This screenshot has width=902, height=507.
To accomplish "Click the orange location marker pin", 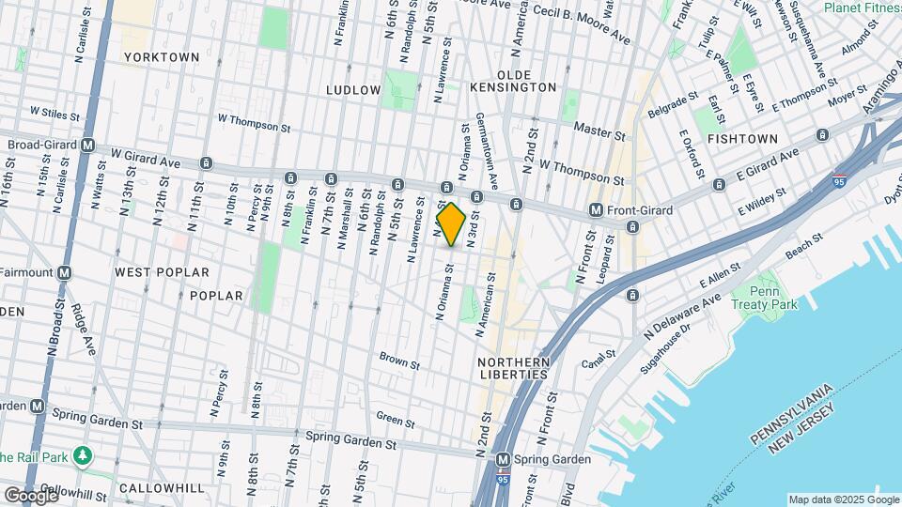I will pyautogui.click(x=451, y=224).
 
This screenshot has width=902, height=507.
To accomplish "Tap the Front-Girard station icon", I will pyautogui.click(x=595, y=210).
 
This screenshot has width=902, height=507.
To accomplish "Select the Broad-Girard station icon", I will pyautogui.click(x=87, y=146).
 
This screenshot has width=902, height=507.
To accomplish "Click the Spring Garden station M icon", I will pyautogui.click(x=504, y=459).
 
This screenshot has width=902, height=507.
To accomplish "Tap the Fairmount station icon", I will pyautogui.click(x=65, y=272).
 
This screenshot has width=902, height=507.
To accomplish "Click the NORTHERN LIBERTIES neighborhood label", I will pyautogui.click(x=512, y=368).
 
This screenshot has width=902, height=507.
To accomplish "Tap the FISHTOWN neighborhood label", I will pyautogui.click(x=742, y=139).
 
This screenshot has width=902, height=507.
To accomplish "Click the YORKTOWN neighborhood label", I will pyautogui.click(x=163, y=57).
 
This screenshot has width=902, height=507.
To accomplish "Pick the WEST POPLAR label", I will pyautogui.click(x=162, y=272).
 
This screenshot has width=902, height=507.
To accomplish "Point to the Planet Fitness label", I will pyautogui.click(x=863, y=8).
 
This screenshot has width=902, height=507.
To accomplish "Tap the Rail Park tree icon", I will pyautogui.click(x=85, y=455).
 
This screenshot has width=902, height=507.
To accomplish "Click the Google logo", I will pyautogui.click(x=31, y=494).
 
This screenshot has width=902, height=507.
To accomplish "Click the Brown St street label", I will pyautogui.click(x=394, y=358).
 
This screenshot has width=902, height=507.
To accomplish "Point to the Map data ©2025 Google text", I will pyautogui.click(x=842, y=499).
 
